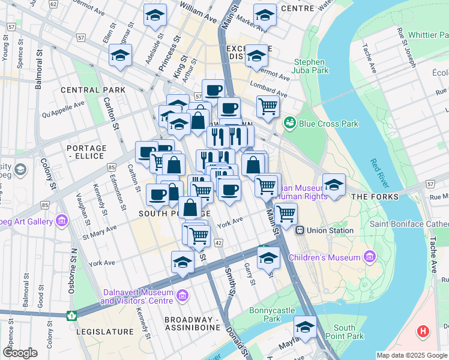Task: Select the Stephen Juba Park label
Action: (310, 67)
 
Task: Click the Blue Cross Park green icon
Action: (291, 122)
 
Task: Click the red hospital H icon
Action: (424, 331)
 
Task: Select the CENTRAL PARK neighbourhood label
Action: (92, 90)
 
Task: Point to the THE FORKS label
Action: (375, 197)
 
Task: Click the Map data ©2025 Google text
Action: (411, 355)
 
